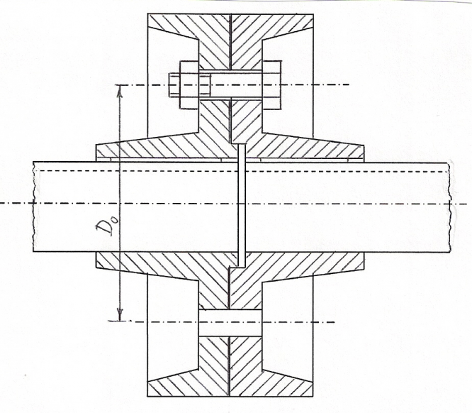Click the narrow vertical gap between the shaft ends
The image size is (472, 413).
tap(241, 206)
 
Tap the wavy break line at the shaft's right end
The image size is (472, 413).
tap(450, 206)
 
